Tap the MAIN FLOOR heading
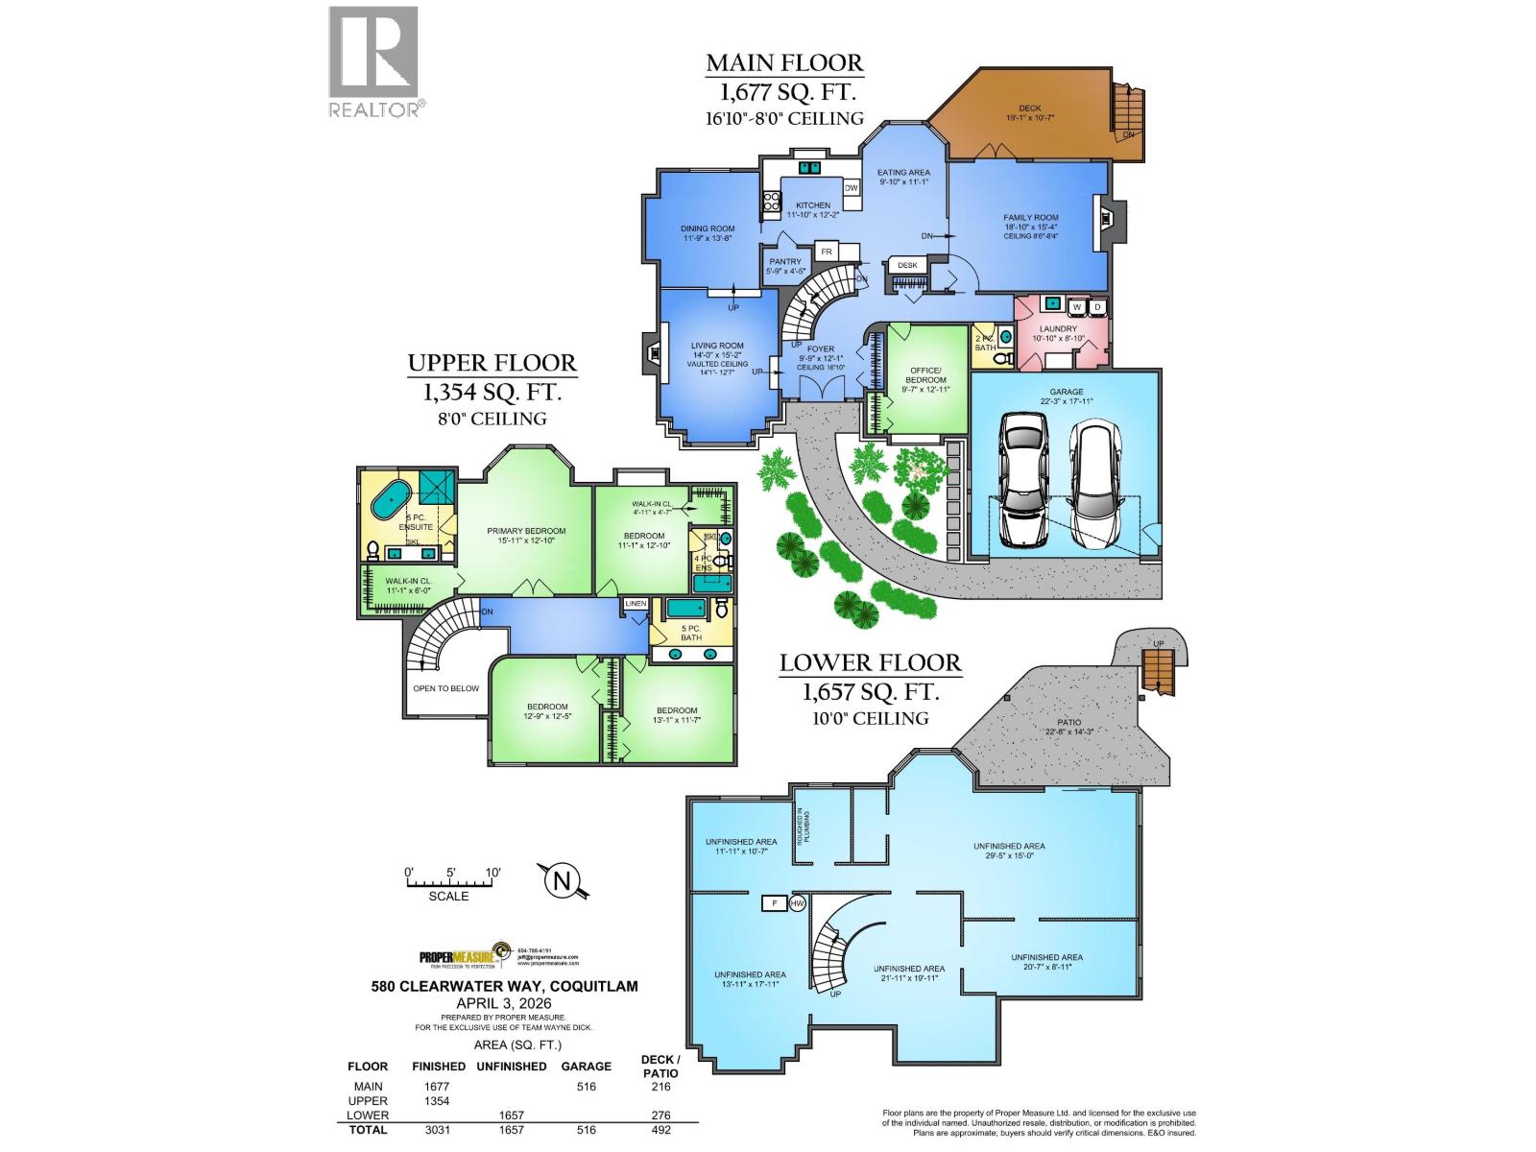tap(784, 63)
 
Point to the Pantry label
tap(785, 266)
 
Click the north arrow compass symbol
tap(564, 880)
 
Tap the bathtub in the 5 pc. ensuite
tap(390, 500)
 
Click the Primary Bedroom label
tap(526, 535)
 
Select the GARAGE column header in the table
tap(586, 1066)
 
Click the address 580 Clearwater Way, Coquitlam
tap(504, 986)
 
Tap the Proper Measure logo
tap(461, 956)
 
